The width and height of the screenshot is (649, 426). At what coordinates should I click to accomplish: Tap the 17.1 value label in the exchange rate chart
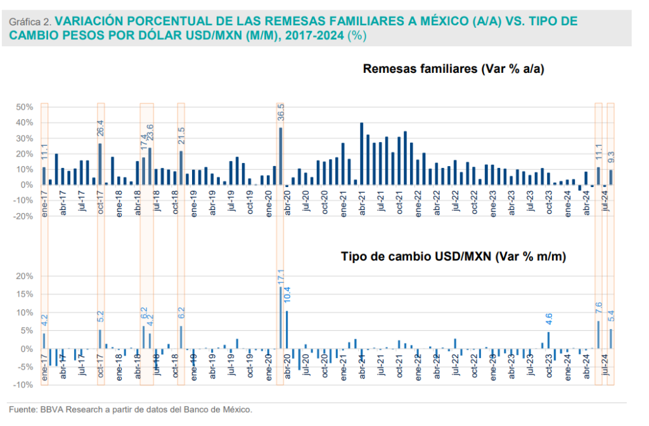(281, 276)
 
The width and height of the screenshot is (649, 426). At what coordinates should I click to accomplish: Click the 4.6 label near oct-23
(549, 320)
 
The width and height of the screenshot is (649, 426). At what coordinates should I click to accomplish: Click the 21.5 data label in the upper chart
(181, 138)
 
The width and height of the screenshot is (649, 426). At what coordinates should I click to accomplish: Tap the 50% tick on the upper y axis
(24, 107)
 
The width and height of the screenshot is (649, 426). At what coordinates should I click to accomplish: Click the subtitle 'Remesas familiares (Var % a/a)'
(454, 69)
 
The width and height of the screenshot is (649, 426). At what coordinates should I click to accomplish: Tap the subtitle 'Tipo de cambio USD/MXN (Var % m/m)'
(453, 257)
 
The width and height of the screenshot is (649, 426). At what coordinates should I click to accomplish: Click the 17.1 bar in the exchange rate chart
(281, 318)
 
